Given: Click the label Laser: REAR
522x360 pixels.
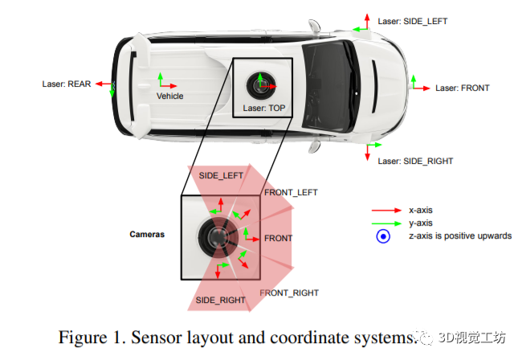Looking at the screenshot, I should pyautogui.click(x=66, y=84).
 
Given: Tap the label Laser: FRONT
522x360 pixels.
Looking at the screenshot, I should pyautogui.click(x=462, y=88).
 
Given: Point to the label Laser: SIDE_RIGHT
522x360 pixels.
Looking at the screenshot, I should pyautogui.click(x=415, y=161).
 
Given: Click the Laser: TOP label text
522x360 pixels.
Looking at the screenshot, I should pyautogui.click(x=263, y=107).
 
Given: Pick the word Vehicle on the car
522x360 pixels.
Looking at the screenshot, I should pyautogui.click(x=169, y=96).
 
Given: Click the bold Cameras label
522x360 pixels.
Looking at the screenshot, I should pyautogui.click(x=147, y=235).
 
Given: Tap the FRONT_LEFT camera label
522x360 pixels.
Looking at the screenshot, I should pyautogui.click(x=291, y=192).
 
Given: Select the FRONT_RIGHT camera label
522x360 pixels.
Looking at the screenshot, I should pyautogui.click(x=289, y=292).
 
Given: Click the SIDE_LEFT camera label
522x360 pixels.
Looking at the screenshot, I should pyautogui.click(x=221, y=175).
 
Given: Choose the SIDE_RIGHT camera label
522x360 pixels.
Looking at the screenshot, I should pyautogui.click(x=222, y=300).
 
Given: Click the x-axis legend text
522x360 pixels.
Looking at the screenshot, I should pyautogui.click(x=421, y=211).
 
